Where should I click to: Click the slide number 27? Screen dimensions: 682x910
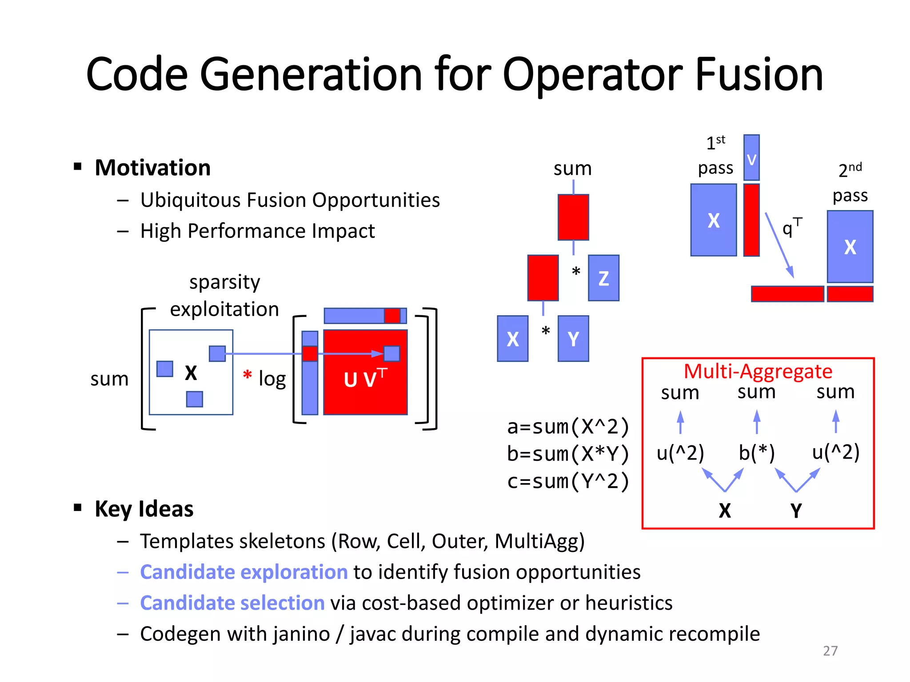[x=830, y=650]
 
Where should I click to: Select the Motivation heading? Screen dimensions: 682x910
[x=152, y=168]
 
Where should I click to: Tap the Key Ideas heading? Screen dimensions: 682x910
[x=144, y=509]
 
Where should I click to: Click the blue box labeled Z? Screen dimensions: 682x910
[x=603, y=278]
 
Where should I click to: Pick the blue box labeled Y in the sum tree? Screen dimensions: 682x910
[x=573, y=339]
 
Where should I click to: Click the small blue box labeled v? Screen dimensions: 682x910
[x=751, y=158]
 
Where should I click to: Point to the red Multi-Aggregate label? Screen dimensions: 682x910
[x=758, y=371]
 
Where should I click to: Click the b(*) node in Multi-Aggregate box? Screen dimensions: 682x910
[x=756, y=453]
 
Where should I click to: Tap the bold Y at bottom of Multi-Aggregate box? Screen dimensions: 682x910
[x=796, y=511]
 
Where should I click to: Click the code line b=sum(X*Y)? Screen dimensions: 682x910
[x=568, y=454]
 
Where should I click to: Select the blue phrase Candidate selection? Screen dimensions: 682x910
[x=232, y=603]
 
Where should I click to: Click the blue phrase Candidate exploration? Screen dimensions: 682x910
[x=243, y=572]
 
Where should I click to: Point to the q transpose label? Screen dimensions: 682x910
[x=791, y=227]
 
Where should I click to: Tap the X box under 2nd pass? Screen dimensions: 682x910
[x=850, y=247]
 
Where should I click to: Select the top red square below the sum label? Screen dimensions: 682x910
[x=573, y=217]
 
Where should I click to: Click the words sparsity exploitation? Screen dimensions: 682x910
[x=224, y=296]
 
